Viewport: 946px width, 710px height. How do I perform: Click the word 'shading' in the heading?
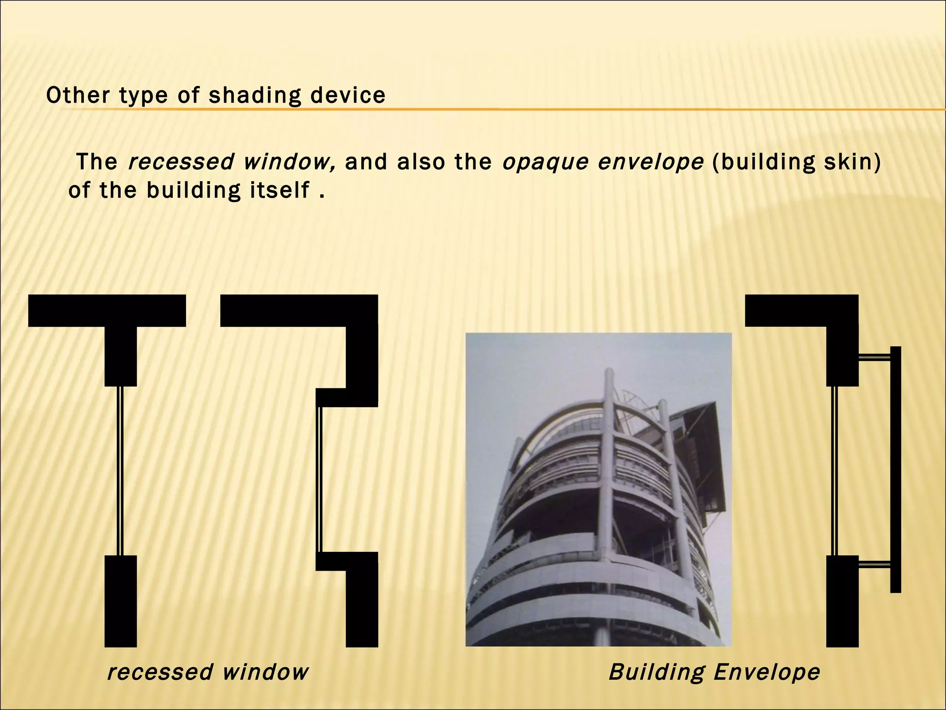[x=255, y=96]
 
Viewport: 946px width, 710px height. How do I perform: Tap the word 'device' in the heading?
[x=348, y=95]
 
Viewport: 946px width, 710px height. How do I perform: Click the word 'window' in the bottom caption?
[x=265, y=672]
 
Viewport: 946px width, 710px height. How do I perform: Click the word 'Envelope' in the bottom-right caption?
[x=767, y=672]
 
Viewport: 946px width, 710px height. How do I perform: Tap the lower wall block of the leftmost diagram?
[x=121, y=601]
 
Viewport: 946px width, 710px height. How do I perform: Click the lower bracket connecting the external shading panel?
[x=874, y=564]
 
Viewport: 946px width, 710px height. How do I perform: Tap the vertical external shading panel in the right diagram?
[x=895, y=469]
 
